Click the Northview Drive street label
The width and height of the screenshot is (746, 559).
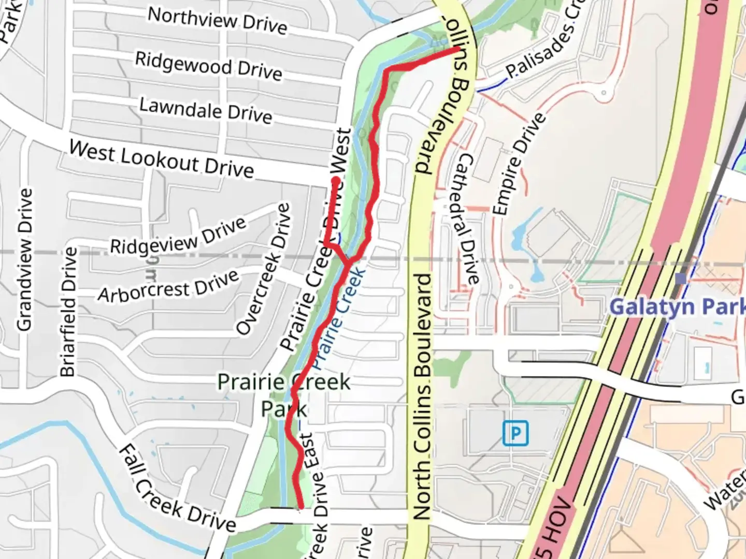click(217, 21)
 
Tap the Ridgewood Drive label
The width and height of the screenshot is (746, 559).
click(208, 66)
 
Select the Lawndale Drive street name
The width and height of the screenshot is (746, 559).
click(206, 110)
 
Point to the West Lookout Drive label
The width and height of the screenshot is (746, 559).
click(162, 159)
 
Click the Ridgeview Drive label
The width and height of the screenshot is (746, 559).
click(178, 236)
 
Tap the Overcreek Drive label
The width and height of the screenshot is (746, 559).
click(263, 269)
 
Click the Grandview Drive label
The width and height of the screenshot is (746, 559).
click(25, 259)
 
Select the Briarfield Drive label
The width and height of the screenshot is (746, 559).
click(68, 312)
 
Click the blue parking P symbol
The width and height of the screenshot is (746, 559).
click(515, 433)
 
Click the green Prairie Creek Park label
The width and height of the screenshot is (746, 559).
click(284, 395)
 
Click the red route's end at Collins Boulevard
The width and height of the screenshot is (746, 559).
click(458, 50)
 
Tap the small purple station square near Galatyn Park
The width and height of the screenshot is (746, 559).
click(681, 279)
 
